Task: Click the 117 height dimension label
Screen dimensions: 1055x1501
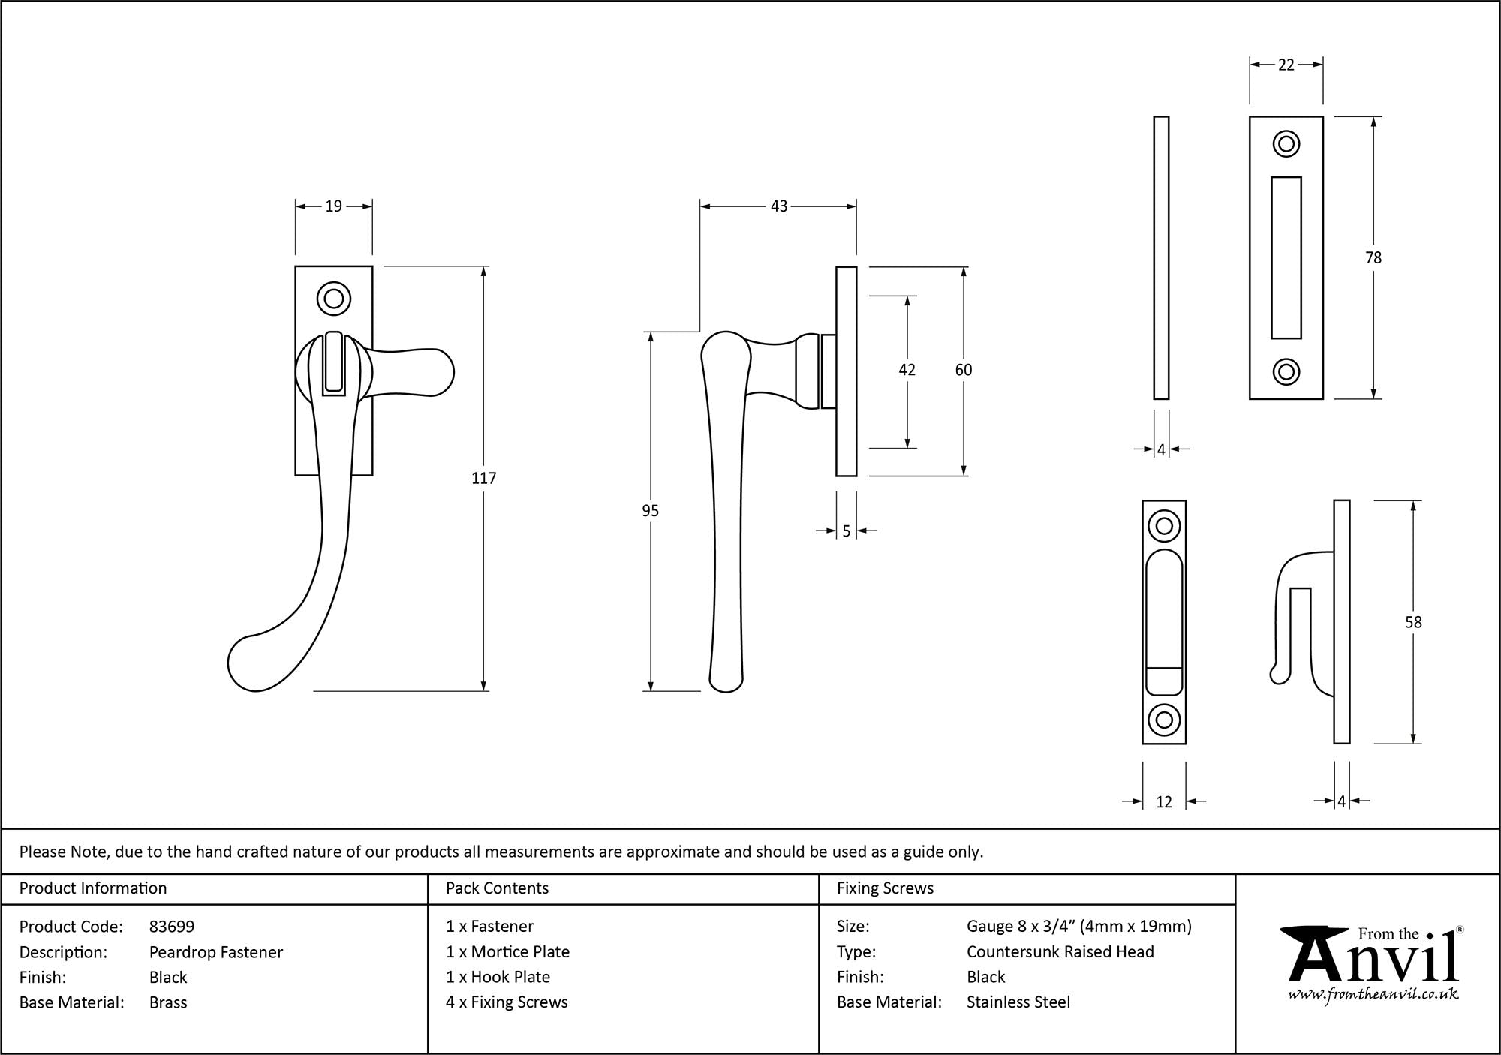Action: click(483, 478)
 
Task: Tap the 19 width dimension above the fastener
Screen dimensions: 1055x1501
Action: click(333, 206)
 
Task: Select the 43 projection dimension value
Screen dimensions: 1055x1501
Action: click(778, 206)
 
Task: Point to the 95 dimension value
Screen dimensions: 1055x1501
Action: click(650, 511)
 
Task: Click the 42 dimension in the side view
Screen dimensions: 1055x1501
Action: click(907, 370)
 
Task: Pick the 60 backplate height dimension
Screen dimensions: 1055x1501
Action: click(963, 370)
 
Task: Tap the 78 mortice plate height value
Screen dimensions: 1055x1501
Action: click(1373, 258)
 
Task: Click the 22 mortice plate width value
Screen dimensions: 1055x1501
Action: click(1286, 65)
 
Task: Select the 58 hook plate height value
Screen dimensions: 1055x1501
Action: click(1412, 622)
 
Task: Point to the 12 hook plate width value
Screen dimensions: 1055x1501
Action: click(1163, 802)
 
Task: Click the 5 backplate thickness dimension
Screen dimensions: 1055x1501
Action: click(846, 531)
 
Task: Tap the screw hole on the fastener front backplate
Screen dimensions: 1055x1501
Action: click(334, 299)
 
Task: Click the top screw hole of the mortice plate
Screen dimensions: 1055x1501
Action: click(1286, 144)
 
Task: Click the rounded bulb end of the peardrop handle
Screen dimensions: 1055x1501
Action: click(251, 664)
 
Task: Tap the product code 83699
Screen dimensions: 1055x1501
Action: click(172, 927)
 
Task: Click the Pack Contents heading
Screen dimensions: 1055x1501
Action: click(497, 888)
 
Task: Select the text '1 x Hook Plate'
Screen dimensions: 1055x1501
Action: click(498, 977)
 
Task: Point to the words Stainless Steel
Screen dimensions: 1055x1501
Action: click(1018, 1002)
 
